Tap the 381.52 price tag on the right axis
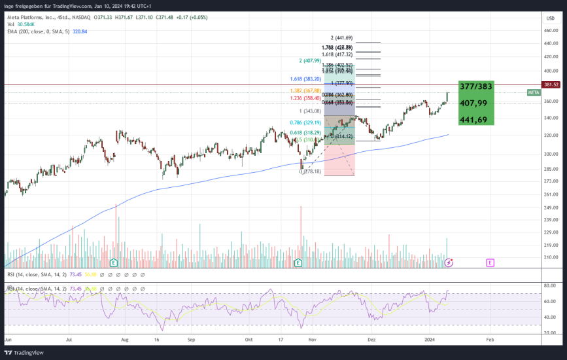(x=551, y=84)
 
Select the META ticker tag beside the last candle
(x=534, y=93)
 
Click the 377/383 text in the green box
(x=476, y=86)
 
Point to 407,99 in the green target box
(x=473, y=103)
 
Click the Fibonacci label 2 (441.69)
(x=342, y=38)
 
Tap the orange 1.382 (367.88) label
(x=305, y=90)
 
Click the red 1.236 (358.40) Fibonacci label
(x=305, y=98)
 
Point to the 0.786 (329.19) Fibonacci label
(x=305, y=122)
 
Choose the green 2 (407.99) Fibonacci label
(x=310, y=61)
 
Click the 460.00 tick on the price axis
(x=551, y=43)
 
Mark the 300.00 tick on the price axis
(x=551, y=154)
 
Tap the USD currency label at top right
(x=550, y=18)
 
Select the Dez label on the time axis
(x=371, y=340)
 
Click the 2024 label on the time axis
(x=429, y=340)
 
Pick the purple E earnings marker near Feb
(x=490, y=262)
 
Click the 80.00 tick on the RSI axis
(x=551, y=285)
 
